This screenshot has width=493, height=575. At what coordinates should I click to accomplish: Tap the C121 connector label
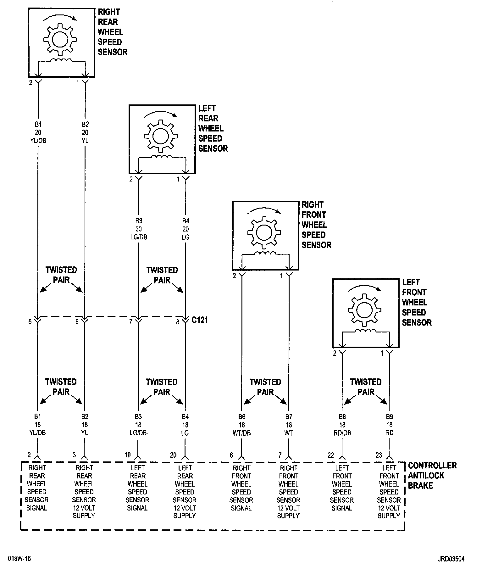pos(200,320)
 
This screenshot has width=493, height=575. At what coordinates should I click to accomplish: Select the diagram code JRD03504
pos(451,559)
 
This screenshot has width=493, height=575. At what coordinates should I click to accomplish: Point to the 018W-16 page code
pos(19,559)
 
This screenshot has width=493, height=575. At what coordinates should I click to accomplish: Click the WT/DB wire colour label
pos(241,433)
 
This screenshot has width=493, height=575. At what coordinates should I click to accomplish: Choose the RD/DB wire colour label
pos(342,433)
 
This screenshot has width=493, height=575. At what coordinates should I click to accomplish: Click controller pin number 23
pos(379,455)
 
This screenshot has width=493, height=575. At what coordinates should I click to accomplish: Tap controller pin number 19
pos(127,455)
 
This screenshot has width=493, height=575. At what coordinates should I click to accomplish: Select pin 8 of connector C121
pos(178,322)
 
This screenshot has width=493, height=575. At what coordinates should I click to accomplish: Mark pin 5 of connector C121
pos(30,322)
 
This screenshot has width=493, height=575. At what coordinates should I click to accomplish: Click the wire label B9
pos(389,417)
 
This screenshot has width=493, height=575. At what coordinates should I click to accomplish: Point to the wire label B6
pos(241,417)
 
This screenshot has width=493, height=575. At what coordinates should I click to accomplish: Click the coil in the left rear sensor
pos(162,157)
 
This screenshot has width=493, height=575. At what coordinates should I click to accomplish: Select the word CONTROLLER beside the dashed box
pos(432,466)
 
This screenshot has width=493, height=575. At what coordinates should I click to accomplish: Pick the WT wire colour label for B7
pos(289,433)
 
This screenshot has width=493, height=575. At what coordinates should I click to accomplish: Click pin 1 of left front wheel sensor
pos(382,354)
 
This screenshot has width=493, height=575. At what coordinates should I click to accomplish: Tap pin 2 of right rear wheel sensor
pos(30,83)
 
